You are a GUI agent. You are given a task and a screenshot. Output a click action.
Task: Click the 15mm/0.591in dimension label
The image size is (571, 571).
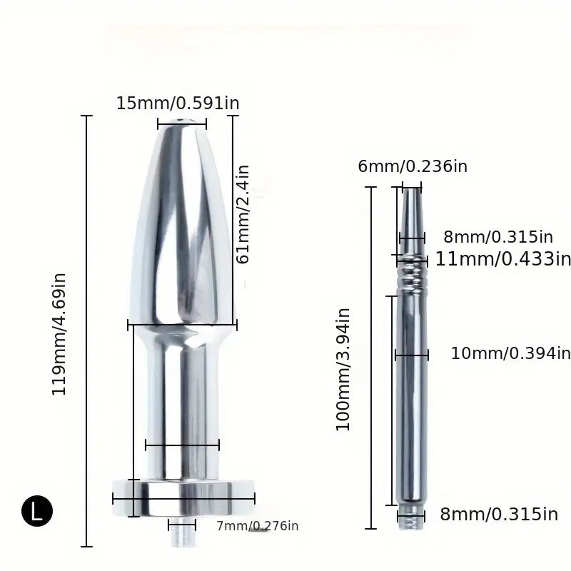178,103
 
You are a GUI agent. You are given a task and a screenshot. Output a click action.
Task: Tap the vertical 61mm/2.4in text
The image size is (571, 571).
243,214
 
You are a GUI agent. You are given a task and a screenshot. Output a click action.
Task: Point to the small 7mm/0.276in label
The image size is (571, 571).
257,527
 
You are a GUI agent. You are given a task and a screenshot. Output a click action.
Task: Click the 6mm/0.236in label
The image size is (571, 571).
413,166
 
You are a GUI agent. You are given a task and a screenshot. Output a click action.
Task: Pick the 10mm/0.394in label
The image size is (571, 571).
510,353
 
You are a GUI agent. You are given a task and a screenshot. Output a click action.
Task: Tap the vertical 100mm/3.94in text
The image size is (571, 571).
343,369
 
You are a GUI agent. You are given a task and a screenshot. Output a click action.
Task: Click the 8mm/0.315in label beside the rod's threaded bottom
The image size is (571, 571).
498,514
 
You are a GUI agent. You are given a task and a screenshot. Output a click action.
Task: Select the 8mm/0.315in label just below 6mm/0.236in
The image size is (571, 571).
498,236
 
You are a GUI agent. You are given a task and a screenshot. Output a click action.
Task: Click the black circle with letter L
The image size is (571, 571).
37,510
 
